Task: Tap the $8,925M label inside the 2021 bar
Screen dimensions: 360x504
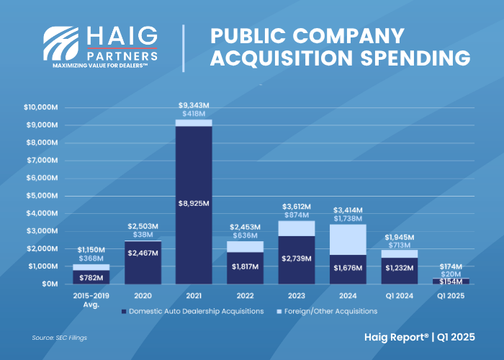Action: [x=194, y=203]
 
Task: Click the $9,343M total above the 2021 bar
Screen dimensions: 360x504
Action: [x=194, y=105]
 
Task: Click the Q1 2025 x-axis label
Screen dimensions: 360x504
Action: [x=451, y=294]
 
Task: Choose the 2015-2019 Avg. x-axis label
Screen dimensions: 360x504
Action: [x=91, y=298]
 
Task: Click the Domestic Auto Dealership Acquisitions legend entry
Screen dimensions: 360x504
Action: [x=192, y=311]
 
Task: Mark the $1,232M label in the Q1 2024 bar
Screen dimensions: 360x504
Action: [x=400, y=267]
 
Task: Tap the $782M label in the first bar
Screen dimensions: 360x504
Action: [x=91, y=276]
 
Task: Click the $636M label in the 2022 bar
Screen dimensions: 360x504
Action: [x=246, y=237]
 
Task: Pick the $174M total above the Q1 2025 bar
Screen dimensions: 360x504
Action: [x=451, y=266]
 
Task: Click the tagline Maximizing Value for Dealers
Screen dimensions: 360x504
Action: [x=101, y=65]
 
